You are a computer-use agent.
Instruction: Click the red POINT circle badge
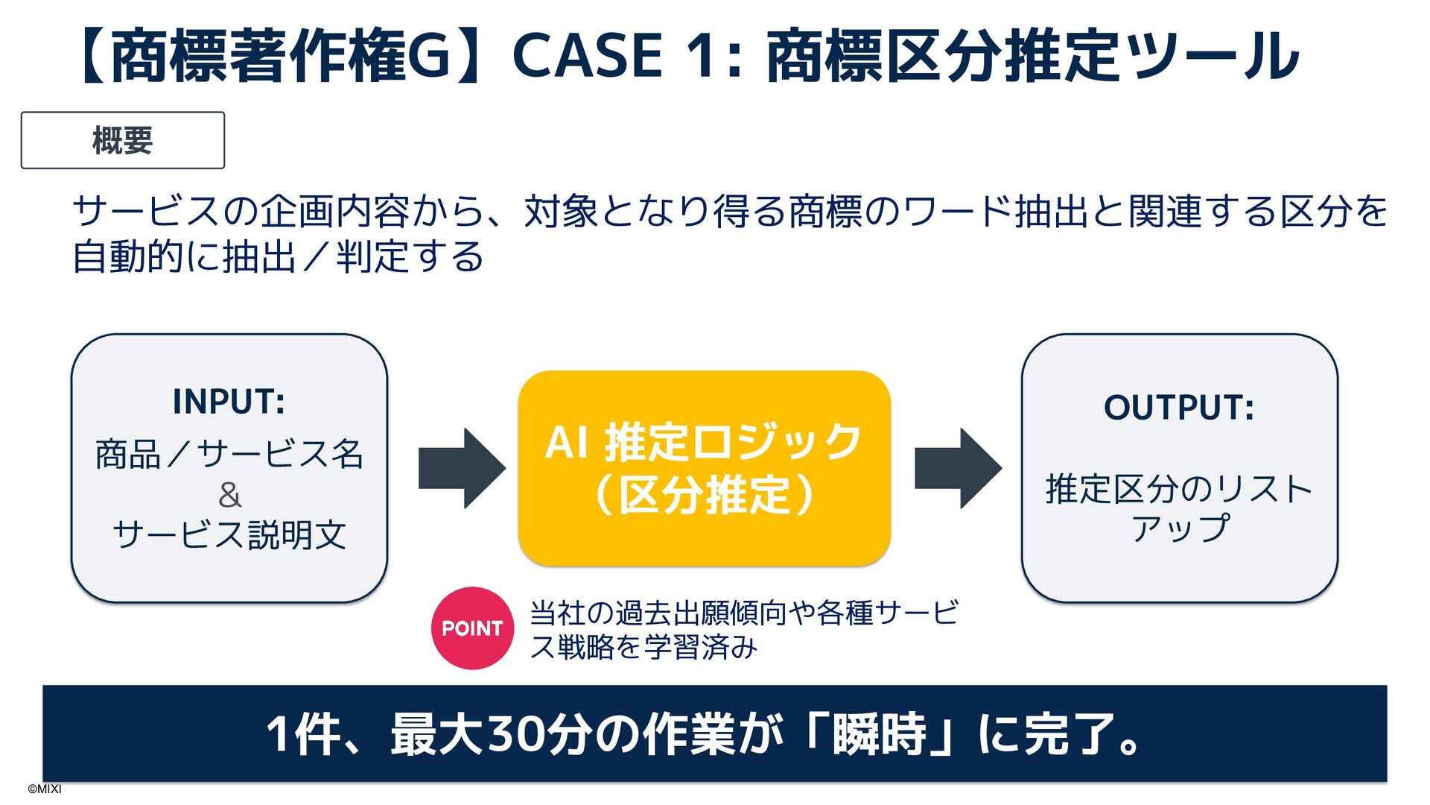[x=472, y=628]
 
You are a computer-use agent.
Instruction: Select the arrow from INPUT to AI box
[x=462, y=468]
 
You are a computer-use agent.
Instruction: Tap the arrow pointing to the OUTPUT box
[x=958, y=468]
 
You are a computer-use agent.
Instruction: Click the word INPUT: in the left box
[x=229, y=402]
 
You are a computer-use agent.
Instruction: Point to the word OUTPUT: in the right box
[x=1179, y=408]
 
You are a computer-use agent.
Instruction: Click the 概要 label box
[x=123, y=140]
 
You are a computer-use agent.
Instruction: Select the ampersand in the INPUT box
[x=229, y=495]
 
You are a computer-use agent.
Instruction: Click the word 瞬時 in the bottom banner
[x=880, y=734]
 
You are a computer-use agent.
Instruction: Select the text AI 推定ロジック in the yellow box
[x=704, y=442]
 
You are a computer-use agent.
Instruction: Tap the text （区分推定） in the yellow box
[x=704, y=495]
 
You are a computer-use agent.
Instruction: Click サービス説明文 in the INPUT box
[x=229, y=535]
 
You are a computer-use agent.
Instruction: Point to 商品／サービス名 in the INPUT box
[x=229, y=454]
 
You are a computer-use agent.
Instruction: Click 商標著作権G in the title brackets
[x=282, y=56]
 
